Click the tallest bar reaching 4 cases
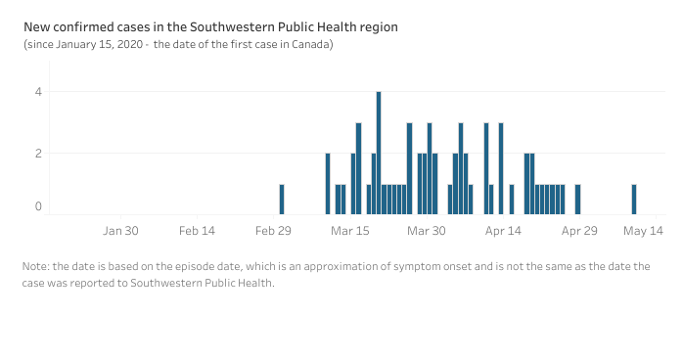[x=379, y=153]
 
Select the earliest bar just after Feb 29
[x=282, y=200]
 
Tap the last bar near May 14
[x=634, y=200]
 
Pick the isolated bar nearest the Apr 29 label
[x=578, y=200]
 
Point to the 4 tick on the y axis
[x=38, y=92]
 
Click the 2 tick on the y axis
[x=38, y=154]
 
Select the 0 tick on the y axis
[x=38, y=206]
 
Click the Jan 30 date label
[x=120, y=231]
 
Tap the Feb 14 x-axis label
[x=197, y=231]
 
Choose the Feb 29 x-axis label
[x=273, y=231]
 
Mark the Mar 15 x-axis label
[x=349, y=231]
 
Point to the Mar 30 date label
[x=426, y=231]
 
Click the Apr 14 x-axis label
[x=503, y=231]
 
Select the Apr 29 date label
[x=579, y=231]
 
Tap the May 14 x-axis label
[x=643, y=231]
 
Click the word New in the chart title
[x=37, y=26]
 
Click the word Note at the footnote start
[x=36, y=265]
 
